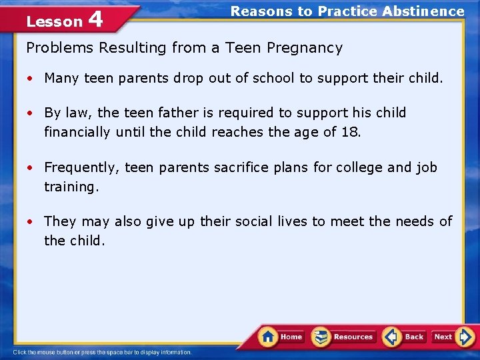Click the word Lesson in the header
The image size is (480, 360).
54,21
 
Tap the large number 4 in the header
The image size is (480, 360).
95,19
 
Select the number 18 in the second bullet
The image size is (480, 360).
351,132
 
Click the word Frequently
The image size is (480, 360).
82,167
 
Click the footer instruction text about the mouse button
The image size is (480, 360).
102,352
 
